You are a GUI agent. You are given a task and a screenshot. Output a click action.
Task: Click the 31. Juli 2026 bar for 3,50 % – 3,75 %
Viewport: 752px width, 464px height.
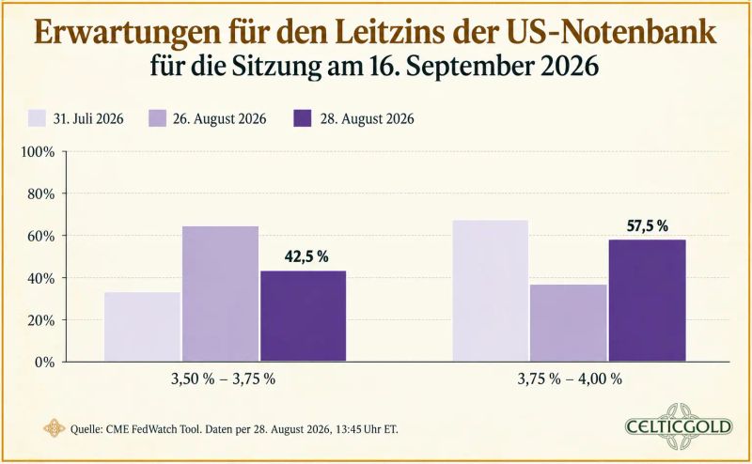click(143, 327)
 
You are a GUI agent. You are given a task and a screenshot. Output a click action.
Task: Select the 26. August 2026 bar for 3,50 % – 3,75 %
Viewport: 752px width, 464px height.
click(220, 293)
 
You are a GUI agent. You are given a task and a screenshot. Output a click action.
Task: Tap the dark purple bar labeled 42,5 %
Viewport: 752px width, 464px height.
click(303, 316)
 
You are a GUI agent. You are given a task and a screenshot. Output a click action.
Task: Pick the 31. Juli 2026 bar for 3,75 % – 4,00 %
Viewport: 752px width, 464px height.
click(490, 290)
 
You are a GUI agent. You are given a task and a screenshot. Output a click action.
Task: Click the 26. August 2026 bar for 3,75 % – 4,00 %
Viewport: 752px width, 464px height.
click(569, 322)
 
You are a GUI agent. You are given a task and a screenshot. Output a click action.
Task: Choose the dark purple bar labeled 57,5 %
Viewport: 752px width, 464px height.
click(647, 300)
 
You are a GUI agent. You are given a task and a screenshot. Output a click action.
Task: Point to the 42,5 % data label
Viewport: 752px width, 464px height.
click(306, 256)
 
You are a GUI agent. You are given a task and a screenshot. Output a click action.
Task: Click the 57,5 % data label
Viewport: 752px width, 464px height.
click(648, 225)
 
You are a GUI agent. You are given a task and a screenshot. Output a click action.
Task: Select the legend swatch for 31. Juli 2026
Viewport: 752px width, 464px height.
click(37, 118)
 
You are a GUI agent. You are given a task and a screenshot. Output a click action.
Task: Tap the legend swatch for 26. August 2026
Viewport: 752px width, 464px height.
click(157, 118)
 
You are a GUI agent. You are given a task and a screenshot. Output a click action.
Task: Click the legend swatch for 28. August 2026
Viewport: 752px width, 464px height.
click(302, 118)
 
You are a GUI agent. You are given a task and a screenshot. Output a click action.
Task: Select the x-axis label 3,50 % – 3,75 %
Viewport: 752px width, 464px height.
click(223, 379)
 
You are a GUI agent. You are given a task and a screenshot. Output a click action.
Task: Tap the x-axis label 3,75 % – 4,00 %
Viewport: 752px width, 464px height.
click(570, 379)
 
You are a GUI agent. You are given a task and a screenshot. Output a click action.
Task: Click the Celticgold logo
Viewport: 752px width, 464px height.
click(679, 426)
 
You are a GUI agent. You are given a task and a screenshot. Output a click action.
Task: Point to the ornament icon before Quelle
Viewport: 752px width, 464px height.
click(54, 428)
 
